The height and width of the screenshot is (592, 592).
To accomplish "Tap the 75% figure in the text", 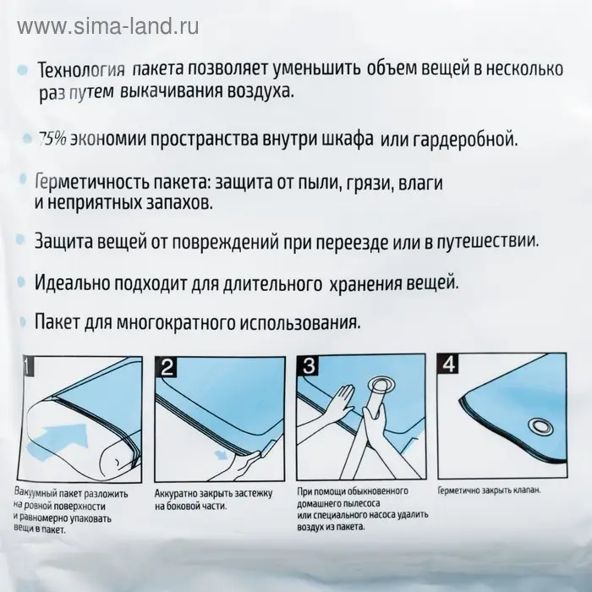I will pyautogui.click(x=52, y=138).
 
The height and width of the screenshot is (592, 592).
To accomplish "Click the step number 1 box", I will pyautogui.click(x=27, y=366).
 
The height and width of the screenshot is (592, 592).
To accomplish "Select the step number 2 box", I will pyautogui.click(x=167, y=366).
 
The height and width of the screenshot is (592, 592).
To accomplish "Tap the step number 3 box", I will pyautogui.click(x=308, y=366).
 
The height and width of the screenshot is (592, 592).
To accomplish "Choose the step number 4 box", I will pyautogui.click(x=447, y=366).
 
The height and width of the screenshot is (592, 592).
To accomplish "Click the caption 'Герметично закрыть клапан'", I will pyautogui.click(x=488, y=491).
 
